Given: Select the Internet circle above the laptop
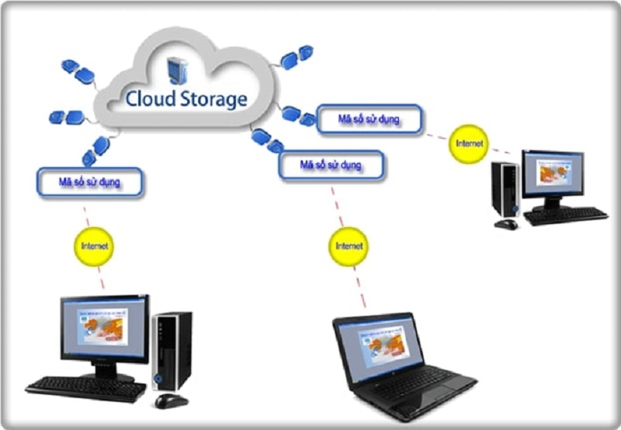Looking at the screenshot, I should click(349, 246).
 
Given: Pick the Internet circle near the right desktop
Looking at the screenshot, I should click(469, 145).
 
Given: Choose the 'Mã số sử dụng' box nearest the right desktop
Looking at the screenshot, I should click(369, 119).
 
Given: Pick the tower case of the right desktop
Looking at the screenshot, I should click(506, 189).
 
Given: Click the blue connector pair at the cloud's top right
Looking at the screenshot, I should click(297, 57).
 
